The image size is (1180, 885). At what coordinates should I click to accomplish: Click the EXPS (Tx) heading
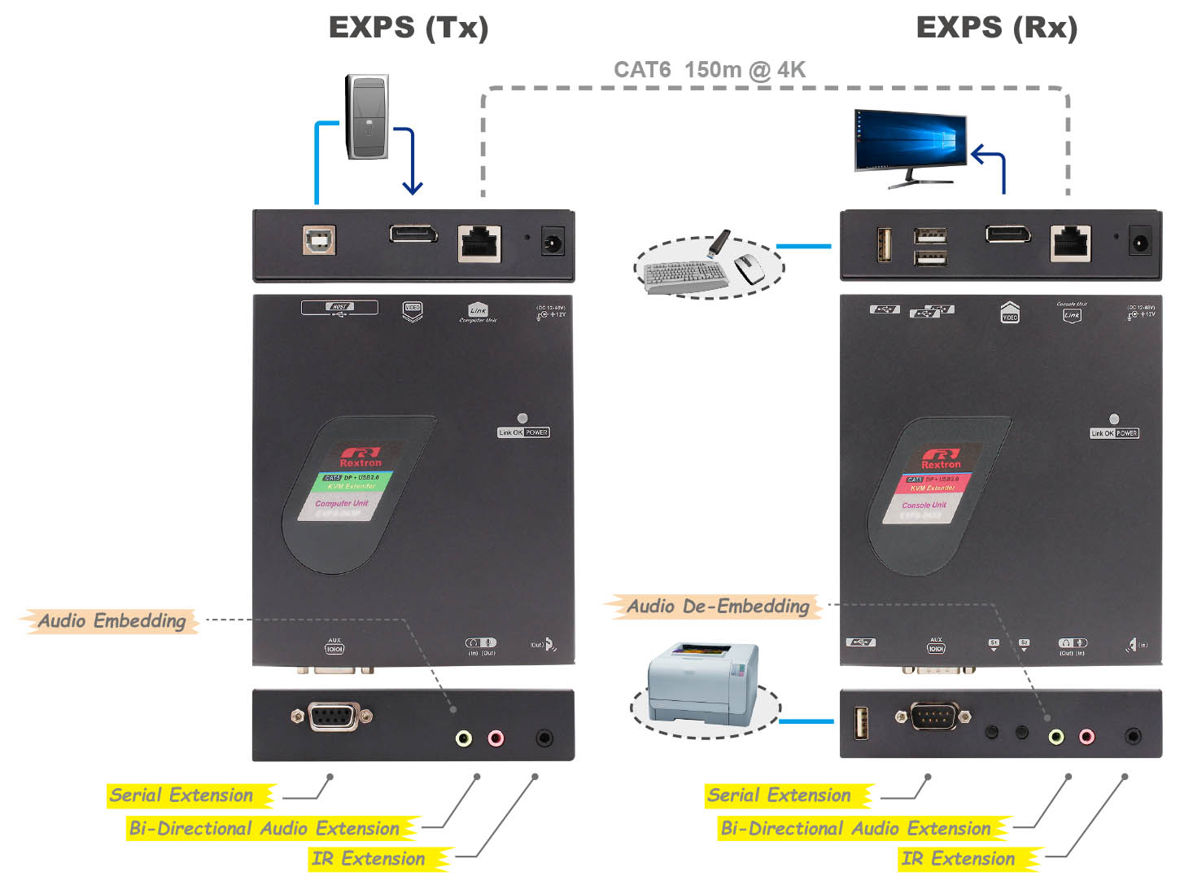[409, 28]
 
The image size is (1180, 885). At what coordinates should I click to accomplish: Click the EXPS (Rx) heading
[996, 28]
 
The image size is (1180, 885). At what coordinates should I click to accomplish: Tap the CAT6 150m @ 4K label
[709, 70]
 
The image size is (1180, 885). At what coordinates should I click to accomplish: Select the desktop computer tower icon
[367, 116]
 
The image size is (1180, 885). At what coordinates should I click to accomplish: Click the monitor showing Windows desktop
[910, 142]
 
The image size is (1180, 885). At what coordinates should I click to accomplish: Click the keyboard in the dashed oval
[684, 275]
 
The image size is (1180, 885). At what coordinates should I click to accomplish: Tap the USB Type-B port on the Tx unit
[320, 240]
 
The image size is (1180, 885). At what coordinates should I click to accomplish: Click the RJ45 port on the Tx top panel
[479, 242]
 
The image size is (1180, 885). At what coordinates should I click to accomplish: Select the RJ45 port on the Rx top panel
[1071, 242]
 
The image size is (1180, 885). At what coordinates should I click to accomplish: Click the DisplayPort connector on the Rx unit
[1008, 234]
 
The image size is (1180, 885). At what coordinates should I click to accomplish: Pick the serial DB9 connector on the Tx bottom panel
[333, 716]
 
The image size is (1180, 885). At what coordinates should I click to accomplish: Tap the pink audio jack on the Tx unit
[496, 738]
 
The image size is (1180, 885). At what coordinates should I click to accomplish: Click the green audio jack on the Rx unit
[1055, 737]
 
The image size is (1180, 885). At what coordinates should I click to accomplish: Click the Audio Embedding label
[111, 621]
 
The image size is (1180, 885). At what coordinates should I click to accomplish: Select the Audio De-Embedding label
[717, 607]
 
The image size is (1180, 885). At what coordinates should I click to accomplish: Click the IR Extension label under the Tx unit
[368, 859]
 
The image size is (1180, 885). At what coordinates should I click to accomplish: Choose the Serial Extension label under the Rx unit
[779, 795]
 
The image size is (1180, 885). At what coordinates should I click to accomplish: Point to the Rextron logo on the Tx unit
[361, 457]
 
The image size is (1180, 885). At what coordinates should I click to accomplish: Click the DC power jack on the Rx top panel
[1140, 242]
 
